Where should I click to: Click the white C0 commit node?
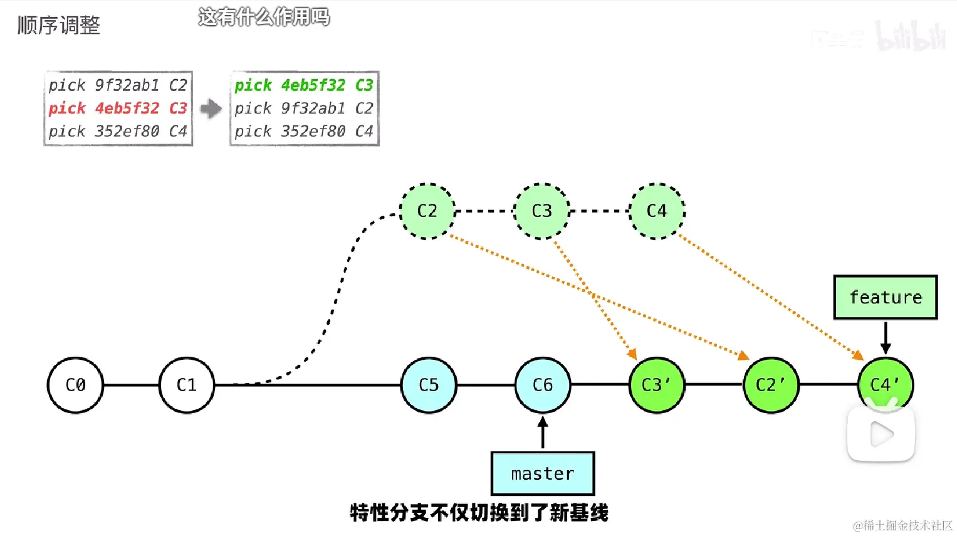tap(75, 385)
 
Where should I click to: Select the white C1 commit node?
tap(187, 385)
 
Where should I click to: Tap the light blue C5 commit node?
tap(429, 385)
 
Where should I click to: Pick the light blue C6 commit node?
tap(543, 385)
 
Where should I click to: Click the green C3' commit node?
tap(657, 385)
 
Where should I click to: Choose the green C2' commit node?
tap(771, 385)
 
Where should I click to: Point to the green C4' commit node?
tap(885, 384)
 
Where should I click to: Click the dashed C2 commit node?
tap(427, 211)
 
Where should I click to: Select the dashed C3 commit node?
tap(541, 211)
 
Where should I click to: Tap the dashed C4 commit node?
tap(657, 211)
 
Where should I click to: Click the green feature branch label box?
tap(886, 297)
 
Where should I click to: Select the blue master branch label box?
tap(543, 474)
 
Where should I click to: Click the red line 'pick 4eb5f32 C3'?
tap(118, 108)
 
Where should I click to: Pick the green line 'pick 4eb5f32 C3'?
tap(304, 85)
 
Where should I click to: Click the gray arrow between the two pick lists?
tap(211, 108)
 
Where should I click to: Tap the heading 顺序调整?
tap(59, 25)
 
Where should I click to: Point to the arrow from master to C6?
tap(543, 433)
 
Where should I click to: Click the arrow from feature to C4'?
tap(886, 339)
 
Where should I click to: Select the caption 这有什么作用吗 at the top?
tap(264, 17)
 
